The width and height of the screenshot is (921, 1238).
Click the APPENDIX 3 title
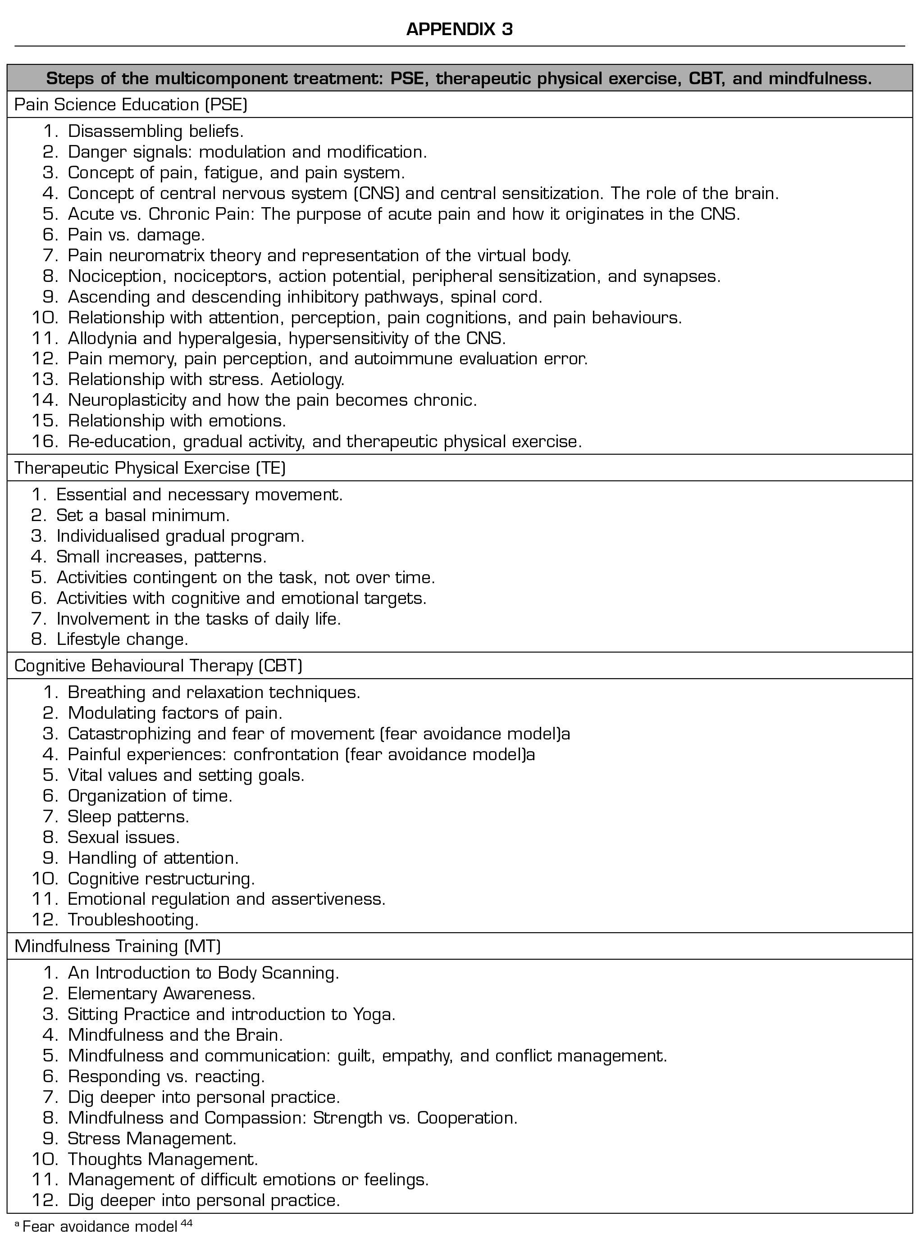[x=460, y=29]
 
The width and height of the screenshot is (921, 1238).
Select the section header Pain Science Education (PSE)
[x=131, y=105]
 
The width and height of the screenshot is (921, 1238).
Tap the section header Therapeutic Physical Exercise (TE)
[x=150, y=468]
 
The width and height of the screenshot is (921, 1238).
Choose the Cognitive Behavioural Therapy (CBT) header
[x=158, y=666]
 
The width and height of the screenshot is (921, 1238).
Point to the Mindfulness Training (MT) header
[x=118, y=946]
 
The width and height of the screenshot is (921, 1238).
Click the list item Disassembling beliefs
[x=155, y=132]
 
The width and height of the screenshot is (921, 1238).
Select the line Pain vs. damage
[x=136, y=235]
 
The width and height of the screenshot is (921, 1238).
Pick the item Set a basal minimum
[x=143, y=515]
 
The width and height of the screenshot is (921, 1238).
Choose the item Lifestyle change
[x=122, y=639]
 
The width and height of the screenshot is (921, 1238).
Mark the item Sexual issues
[x=123, y=837]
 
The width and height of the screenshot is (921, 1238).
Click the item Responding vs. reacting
[x=166, y=1076]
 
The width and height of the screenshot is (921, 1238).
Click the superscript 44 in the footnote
[x=187, y=1222]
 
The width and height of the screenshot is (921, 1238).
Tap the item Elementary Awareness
[x=161, y=993]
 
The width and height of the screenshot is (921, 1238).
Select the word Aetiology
[x=307, y=380]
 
